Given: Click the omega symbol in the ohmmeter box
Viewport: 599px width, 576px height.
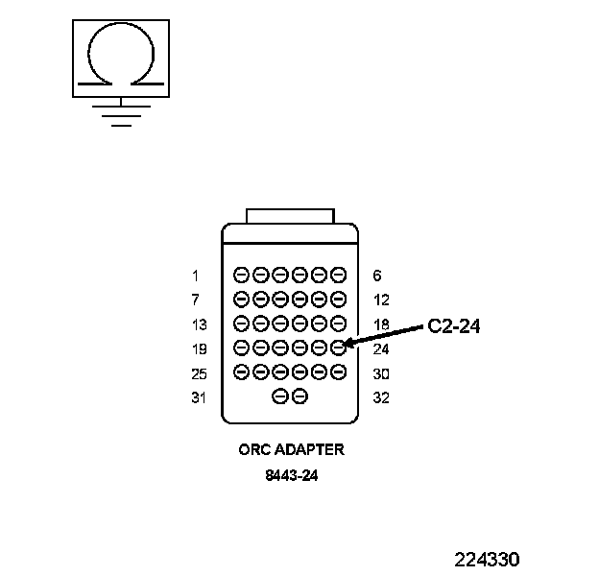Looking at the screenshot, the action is (119, 56).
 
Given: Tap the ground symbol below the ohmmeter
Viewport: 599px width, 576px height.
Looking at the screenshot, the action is (119, 114).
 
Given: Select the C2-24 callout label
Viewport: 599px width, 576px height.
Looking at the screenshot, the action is (453, 326).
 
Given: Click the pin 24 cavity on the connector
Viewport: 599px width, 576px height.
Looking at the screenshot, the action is (338, 348).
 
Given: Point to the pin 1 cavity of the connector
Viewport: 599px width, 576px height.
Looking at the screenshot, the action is (242, 275).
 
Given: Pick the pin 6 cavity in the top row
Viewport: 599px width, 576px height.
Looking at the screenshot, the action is (338, 275).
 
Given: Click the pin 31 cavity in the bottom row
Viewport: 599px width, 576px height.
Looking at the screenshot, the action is (280, 396).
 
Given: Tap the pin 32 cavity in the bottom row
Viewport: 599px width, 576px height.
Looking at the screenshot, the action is (299, 396).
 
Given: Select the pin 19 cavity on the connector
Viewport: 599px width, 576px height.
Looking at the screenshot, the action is (242, 348).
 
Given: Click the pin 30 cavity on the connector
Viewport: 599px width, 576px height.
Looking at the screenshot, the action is (338, 372).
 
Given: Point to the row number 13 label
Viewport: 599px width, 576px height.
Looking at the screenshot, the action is (199, 324).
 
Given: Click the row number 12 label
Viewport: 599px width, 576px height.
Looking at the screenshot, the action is (380, 300).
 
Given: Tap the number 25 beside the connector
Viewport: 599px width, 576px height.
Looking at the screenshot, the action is (199, 373).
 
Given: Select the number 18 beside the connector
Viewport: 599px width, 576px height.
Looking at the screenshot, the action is (380, 324).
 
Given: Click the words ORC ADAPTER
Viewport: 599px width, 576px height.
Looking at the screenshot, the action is (290, 448).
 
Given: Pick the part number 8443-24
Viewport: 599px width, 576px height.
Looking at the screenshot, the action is (290, 474).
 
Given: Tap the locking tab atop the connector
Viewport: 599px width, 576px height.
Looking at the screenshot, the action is (290, 215).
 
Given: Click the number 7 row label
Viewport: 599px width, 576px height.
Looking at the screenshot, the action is (195, 300).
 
